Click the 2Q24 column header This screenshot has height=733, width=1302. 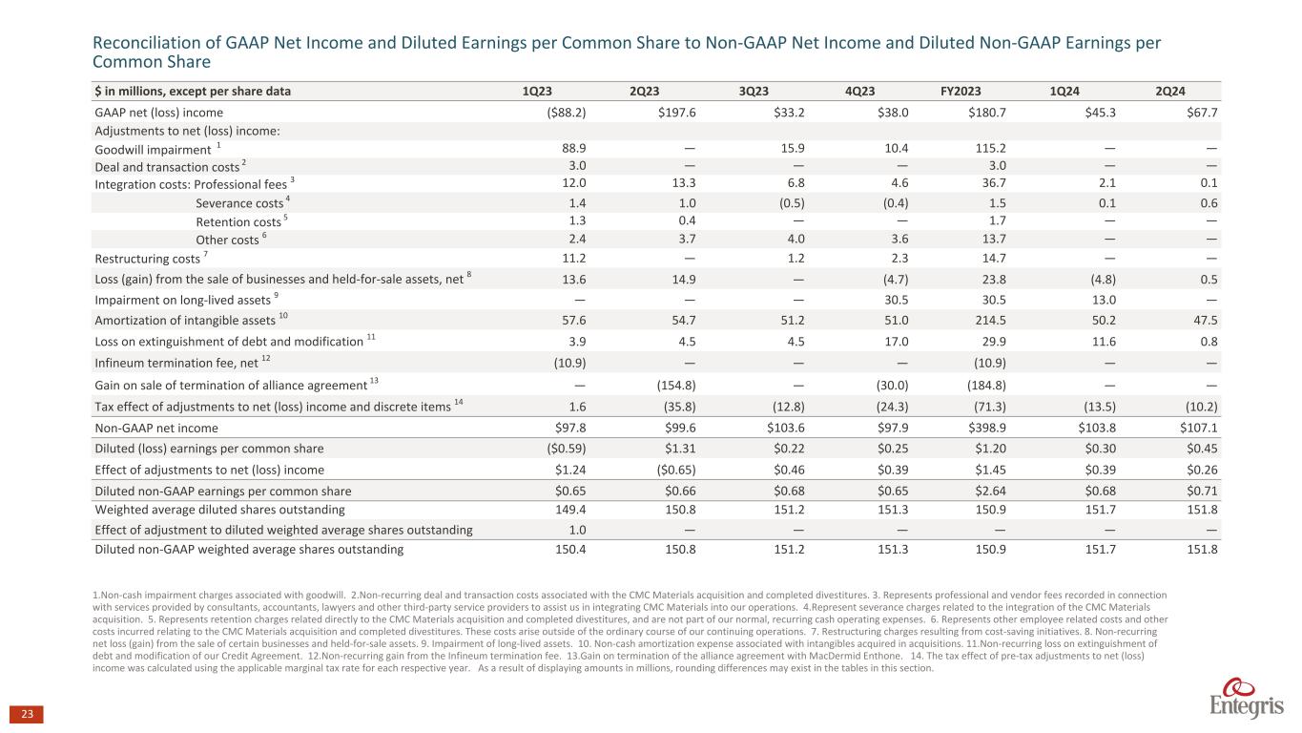1170,92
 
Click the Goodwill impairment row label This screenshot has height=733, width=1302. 154,149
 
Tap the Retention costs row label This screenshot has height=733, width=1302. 238,221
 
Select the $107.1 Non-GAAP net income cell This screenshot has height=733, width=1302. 1198,429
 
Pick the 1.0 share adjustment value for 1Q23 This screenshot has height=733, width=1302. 576,530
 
